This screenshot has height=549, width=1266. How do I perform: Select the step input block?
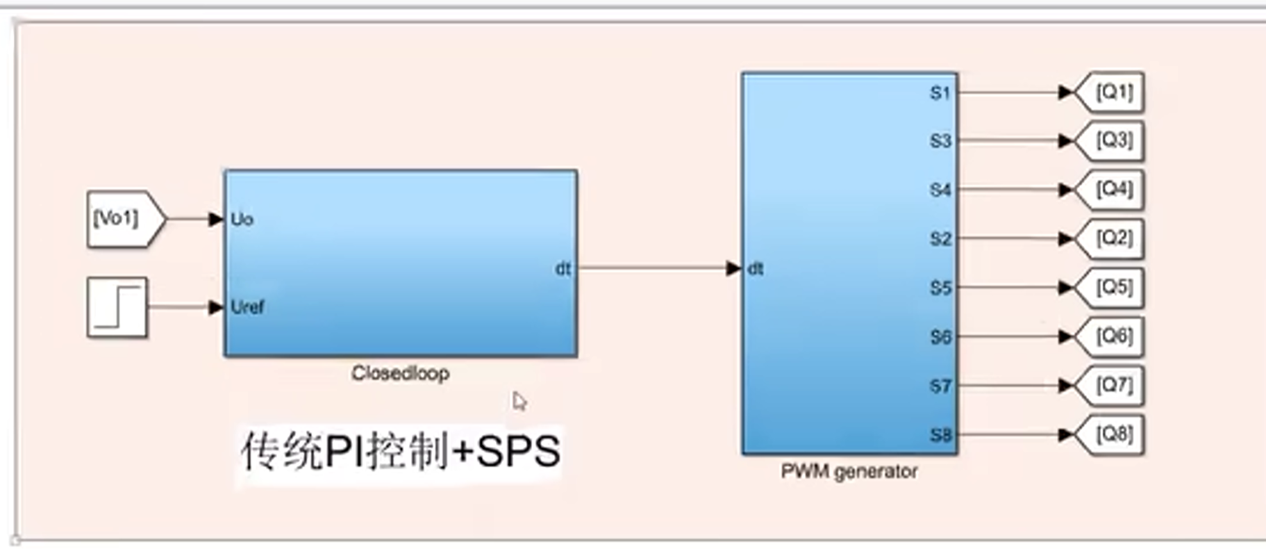[117, 307]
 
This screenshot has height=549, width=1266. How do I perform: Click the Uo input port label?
[242, 220]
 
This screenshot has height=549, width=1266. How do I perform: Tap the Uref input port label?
[247, 307]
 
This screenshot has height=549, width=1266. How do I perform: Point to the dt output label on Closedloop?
[563, 269]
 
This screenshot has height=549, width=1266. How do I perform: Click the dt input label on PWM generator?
[756, 269]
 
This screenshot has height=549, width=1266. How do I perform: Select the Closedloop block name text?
[400, 373]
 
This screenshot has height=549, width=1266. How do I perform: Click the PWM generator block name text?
[849, 471]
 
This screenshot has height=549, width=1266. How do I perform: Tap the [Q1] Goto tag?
[1111, 92]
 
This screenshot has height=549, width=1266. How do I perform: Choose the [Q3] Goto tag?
[1111, 140]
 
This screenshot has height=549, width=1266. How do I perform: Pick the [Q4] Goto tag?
[1111, 189]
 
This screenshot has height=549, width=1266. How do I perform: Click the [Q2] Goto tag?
[1111, 238]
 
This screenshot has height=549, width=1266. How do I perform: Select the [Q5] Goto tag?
[1111, 287]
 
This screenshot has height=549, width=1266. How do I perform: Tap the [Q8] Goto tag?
[1111, 434]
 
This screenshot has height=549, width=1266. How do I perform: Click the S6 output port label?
[940, 337]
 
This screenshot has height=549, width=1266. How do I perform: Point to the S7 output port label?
[940, 386]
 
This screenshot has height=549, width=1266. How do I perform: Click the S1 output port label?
[940, 92]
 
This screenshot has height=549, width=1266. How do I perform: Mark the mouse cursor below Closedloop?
[519, 401]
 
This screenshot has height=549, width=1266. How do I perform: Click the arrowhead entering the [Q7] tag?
[1065, 386]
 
